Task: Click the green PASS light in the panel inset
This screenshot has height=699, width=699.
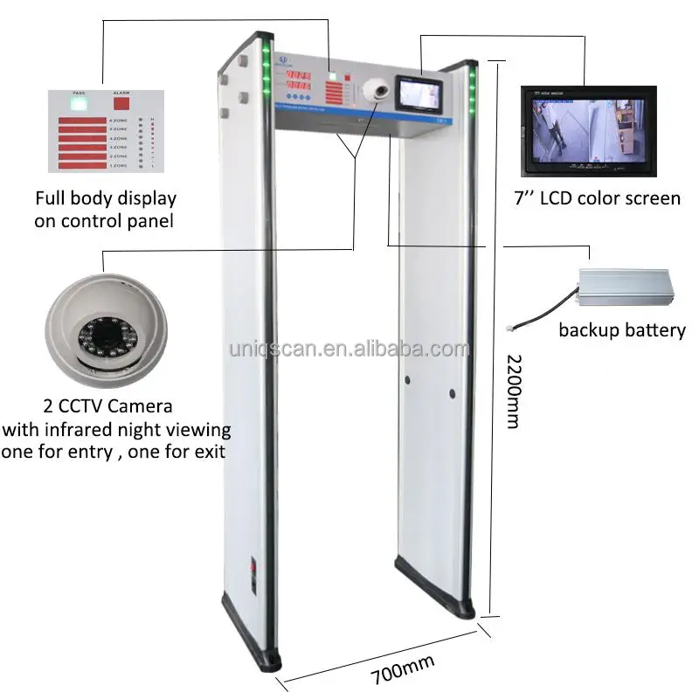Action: [x=78, y=103]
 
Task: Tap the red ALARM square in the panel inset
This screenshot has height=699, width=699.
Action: [x=121, y=103]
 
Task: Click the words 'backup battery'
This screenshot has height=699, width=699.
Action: [x=622, y=330]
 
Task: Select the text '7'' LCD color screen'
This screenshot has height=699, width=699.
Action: [x=598, y=198]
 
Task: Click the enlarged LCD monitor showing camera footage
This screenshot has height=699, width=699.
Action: [x=588, y=130]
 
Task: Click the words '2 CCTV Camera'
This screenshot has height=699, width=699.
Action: [x=107, y=406]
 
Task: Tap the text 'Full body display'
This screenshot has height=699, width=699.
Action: [x=105, y=199]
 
